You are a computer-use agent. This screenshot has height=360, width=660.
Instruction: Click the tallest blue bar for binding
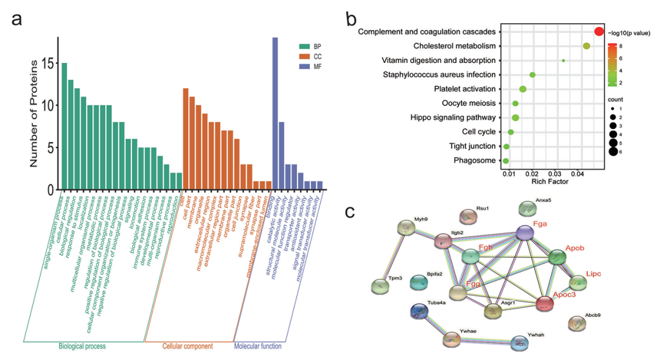click(275, 113)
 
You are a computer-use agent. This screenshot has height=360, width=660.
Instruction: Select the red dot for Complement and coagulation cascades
click(599, 31)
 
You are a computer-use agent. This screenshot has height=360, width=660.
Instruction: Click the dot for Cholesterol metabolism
click(587, 46)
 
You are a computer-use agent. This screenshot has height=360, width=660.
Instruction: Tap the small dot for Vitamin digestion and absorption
click(563, 61)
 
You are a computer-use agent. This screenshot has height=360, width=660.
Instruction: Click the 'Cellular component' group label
click(187, 346)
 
